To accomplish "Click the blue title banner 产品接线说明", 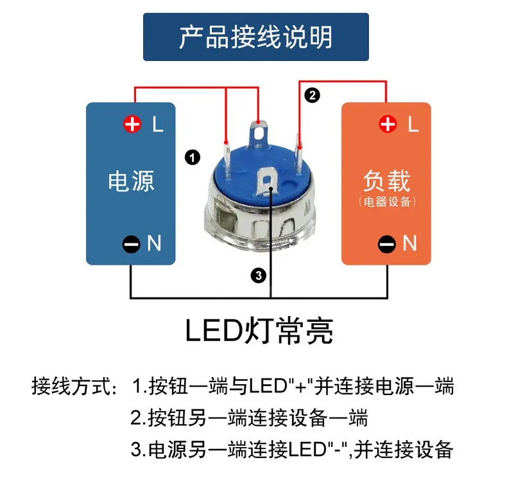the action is tap(256, 37).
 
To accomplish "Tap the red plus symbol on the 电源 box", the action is tap(132, 124).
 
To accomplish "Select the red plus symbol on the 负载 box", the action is tap(388, 124).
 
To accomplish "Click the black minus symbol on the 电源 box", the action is tap(132, 244).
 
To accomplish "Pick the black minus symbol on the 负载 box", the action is tap(387, 244).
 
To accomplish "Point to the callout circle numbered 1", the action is tap(193, 157).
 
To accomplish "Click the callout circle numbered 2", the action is tap(312, 96).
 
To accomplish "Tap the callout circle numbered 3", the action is tap(259, 276).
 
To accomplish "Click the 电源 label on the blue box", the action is tap(131, 181).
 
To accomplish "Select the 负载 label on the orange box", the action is tap(387, 181).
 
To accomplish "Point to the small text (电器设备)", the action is tap(387, 202).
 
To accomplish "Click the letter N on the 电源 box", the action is tap(154, 243).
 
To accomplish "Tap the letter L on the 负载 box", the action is tap(413, 124).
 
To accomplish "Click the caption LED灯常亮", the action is tap(259, 331).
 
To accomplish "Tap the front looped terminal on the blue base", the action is tap(267, 182).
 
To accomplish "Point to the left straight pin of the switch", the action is tap(227, 159).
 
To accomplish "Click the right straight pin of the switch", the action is tap(300, 154).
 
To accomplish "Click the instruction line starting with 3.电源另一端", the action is tap(291, 450).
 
